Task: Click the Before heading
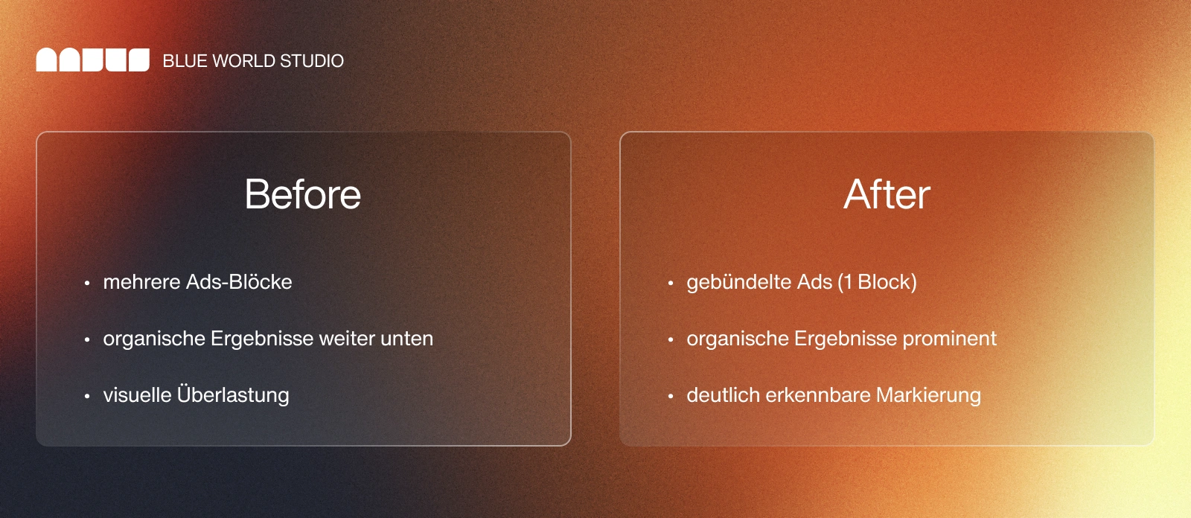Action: pyautogui.click(x=303, y=195)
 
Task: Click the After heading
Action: pyautogui.click(x=887, y=195)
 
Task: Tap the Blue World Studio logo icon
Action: pyautogui.click(x=93, y=60)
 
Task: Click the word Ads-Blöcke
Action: pyautogui.click(x=239, y=282)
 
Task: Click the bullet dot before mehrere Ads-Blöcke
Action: pyautogui.click(x=87, y=284)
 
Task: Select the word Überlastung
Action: pyautogui.click(x=233, y=394)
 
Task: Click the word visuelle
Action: pyautogui.click(x=137, y=395)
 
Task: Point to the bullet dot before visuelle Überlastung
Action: pyautogui.click(x=87, y=397)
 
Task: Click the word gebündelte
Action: pyautogui.click(x=738, y=282)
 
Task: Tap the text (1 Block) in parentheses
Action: pyautogui.click(x=877, y=282)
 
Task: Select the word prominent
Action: pyautogui.click(x=949, y=339)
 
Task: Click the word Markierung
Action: pyautogui.click(x=928, y=395)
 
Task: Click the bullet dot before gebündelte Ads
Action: pyautogui.click(x=671, y=284)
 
